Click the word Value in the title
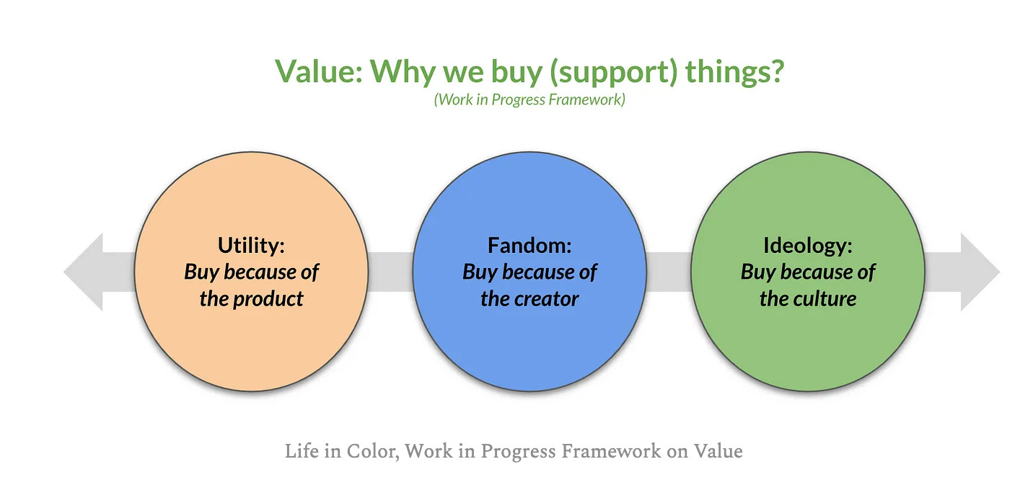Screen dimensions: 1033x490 [319, 71]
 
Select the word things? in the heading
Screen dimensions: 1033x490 [734, 71]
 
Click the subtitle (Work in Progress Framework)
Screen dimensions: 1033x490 [529, 99]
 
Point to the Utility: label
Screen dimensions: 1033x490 [251, 245]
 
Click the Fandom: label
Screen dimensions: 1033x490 [529, 245]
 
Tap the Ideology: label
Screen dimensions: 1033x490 [807, 246]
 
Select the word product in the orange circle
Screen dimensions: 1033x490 [268, 300]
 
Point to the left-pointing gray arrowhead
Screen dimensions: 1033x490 [83, 272]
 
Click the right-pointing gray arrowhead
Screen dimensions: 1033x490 [980, 272]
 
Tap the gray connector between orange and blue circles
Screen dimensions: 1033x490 [390, 272]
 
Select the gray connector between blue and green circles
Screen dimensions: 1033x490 [669, 272]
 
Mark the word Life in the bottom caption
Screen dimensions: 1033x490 [302, 451]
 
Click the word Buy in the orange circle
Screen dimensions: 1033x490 [201, 272]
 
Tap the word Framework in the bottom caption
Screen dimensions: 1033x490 [611, 451]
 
